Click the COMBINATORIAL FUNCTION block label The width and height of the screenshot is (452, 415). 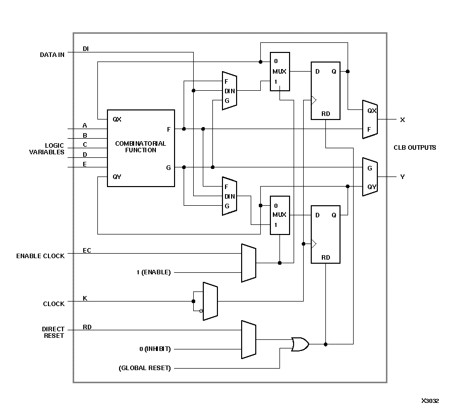click(140, 147)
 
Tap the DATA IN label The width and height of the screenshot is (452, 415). click(52, 54)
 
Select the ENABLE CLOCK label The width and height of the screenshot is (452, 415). click(40, 256)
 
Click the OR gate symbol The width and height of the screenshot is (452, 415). click(300, 344)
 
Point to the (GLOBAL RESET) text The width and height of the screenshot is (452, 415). click(145, 368)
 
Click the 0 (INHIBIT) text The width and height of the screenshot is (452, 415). click(155, 349)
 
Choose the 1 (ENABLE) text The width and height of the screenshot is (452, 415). click(153, 272)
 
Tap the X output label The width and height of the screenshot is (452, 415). click(402, 120)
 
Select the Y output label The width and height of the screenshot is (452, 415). click(402, 177)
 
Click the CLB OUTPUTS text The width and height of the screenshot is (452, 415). click(415, 148)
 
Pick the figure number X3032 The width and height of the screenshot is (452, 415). click(430, 401)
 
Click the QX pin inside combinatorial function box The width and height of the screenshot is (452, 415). click(117, 120)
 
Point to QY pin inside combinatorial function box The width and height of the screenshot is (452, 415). click(117, 177)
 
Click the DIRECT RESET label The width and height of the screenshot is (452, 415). click(53, 332)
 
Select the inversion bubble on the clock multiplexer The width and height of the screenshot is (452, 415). click(201, 311)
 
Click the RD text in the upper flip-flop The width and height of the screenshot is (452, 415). click(326, 114)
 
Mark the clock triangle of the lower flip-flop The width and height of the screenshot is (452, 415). click(314, 244)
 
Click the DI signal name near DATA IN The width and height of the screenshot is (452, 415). click(86, 49)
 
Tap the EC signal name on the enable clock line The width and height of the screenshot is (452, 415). click(87, 250)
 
